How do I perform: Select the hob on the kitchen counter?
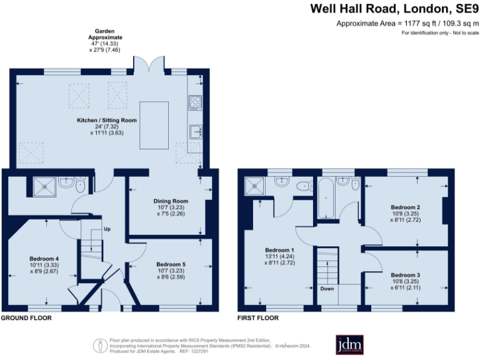point(194,102)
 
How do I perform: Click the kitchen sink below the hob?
point(194,131)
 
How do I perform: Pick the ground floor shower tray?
point(44,185)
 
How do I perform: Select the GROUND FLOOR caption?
point(26,318)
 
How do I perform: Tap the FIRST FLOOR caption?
point(257,318)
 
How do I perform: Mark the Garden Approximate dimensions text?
point(104,42)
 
